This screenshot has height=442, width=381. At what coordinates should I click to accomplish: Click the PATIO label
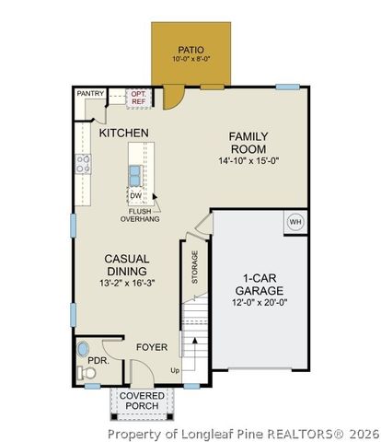point(190,49)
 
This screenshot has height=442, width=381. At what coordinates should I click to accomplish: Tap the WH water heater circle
point(295,221)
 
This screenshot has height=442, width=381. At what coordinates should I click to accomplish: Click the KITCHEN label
point(123,134)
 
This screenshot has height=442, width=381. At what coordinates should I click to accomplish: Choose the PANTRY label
point(90,93)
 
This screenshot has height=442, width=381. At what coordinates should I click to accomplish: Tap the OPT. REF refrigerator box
point(138,97)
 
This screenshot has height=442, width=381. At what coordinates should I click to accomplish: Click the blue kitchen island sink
point(135,174)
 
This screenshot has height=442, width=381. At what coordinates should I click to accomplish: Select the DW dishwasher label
point(135,195)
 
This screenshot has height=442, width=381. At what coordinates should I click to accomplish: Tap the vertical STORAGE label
point(194,267)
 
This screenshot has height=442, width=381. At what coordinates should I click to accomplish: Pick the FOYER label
point(152,347)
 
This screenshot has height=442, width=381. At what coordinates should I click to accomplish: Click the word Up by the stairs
point(176,370)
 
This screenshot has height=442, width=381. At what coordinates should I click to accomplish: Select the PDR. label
point(98,361)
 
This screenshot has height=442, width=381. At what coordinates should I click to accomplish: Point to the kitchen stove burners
point(83,164)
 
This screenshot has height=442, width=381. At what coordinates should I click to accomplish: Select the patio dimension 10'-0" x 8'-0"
point(190,60)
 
